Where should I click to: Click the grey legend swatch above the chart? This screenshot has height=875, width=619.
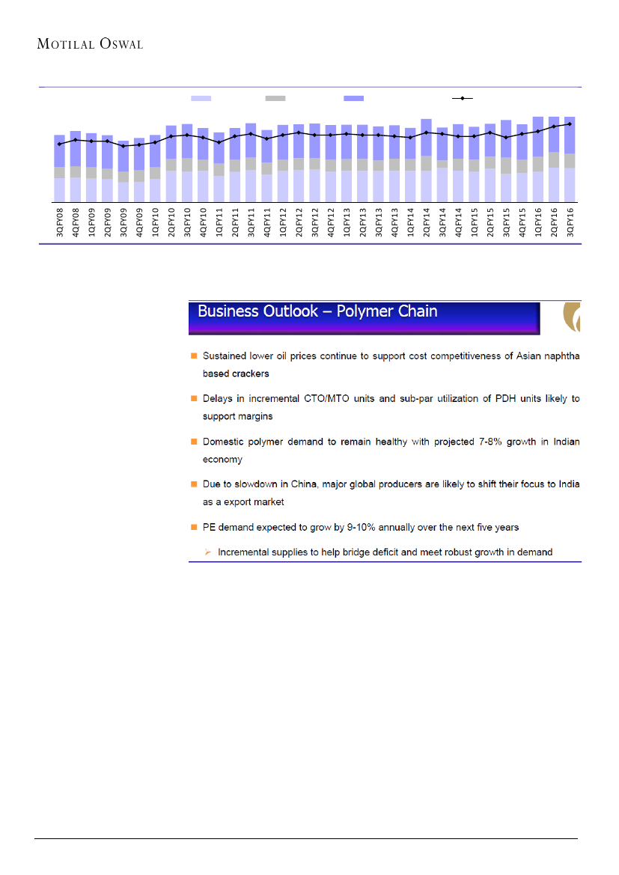[x=275, y=98]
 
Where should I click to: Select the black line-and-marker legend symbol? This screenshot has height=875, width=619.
[x=463, y=98]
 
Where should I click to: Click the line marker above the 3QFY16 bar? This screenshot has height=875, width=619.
[x=570, y=124]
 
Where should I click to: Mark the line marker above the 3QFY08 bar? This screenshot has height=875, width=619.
[x=60, y=144]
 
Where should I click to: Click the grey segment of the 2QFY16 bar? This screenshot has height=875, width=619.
[x=554, y=159]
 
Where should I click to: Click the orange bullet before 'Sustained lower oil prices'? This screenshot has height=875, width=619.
[x=193, y=357]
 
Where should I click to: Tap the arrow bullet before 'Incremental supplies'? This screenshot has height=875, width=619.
[x=208, y=552]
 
